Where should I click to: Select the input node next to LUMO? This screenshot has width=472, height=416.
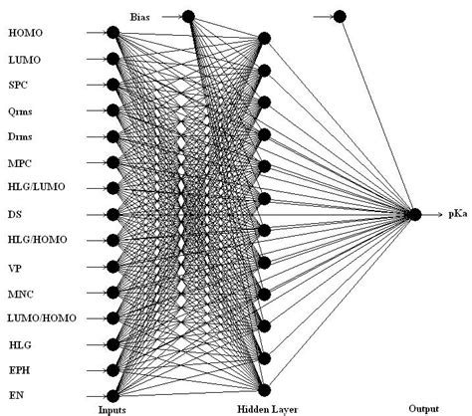click(113, 59)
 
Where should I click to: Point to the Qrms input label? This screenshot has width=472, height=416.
click(21, 110)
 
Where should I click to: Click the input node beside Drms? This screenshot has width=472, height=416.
click(113, 136)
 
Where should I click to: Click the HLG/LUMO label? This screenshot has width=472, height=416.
click(33, 188)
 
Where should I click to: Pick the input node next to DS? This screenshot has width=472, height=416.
click(113, 214)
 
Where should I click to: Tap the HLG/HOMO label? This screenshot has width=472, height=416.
click(34, 240)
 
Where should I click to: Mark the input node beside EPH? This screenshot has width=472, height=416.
click(113, 370)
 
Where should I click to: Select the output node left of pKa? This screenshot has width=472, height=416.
click(415, 214)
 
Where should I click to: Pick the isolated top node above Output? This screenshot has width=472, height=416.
click(340, 15)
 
